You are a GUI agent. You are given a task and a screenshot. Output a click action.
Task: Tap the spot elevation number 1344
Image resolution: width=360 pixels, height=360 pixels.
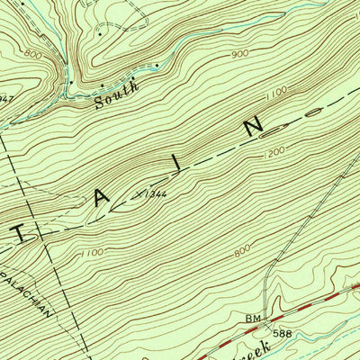155,193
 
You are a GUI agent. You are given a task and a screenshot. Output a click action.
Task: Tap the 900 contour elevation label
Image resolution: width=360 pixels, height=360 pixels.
239,55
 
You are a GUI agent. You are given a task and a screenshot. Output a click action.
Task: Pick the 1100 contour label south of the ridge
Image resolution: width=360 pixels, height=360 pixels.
93,256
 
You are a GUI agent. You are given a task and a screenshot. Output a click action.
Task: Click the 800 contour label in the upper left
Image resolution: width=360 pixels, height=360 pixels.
34,56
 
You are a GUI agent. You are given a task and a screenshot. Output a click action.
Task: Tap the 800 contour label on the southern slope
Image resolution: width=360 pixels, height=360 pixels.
241,253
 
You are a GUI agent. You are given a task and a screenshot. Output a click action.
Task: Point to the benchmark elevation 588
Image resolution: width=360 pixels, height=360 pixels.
284,333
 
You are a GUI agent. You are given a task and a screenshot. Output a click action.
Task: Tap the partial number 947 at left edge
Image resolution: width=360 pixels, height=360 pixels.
4,96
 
